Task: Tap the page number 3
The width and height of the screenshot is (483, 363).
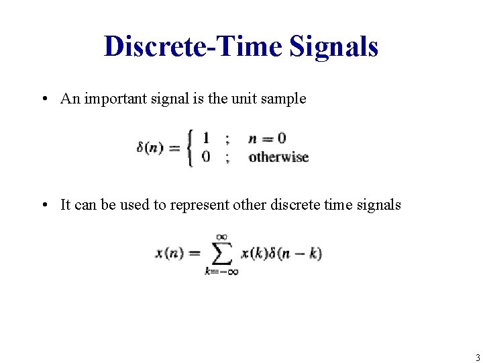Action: tap(477, 358)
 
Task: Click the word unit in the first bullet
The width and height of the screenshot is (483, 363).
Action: tap(246, 99)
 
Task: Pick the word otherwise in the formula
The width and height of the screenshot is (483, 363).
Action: tap(278, 157)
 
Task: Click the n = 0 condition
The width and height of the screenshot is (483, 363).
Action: tap(267, 138)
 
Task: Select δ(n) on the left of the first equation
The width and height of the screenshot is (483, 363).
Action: tap(150, 148)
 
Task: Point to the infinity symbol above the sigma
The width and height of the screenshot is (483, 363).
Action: tap(221, 236)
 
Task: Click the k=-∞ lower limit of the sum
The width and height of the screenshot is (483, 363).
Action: tap(221, 271)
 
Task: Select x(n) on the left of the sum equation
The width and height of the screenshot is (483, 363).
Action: tap(168, 253)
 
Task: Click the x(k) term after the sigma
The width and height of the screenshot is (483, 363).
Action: tap(254, 253)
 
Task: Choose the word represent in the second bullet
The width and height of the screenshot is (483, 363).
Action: tap(199, 205)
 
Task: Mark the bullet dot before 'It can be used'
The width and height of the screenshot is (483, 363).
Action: tap(43, 205)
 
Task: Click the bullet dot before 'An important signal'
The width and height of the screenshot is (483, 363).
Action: tap(43, 99)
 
